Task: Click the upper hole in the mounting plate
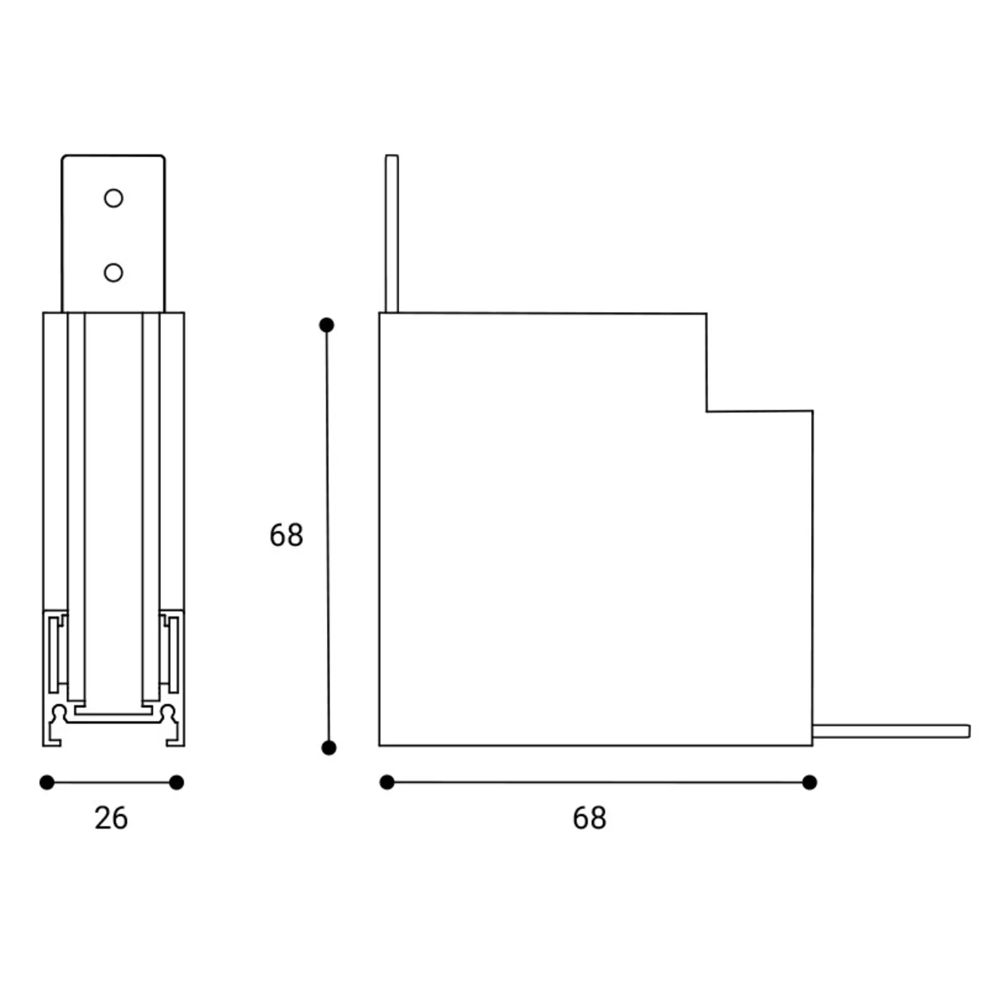(113, 198)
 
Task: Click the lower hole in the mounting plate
(113, 273)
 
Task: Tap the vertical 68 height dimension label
(286, 535)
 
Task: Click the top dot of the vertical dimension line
(327, 325)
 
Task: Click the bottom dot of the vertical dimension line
(329, 748)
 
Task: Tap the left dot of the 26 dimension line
(47, 783)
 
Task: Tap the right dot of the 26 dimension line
(177, 783)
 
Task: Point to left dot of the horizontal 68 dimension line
(387, 782)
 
